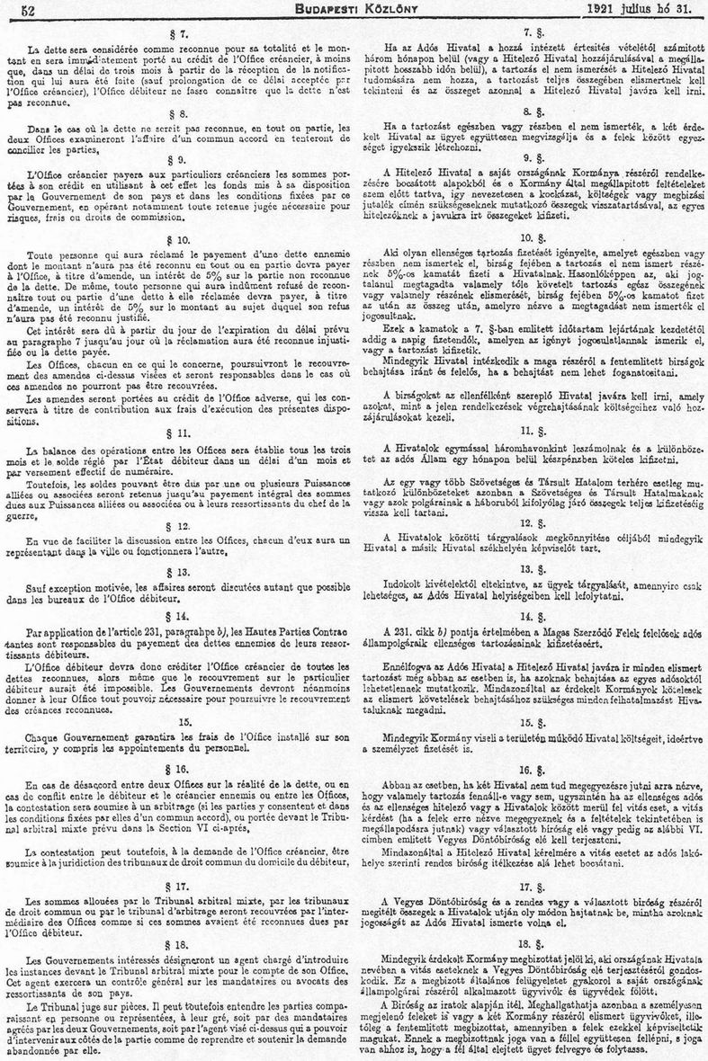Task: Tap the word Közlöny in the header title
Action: point(379,10)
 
